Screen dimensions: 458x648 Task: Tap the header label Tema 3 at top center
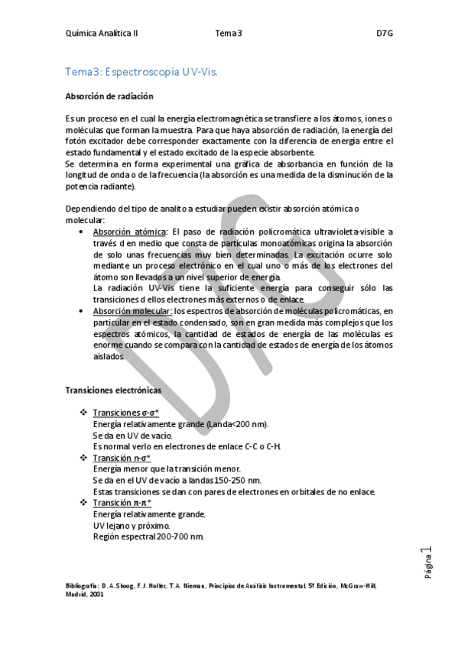[229, 34]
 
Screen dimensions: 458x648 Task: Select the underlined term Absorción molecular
[132, 311]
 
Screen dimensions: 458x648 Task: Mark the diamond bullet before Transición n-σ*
[84, 458]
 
